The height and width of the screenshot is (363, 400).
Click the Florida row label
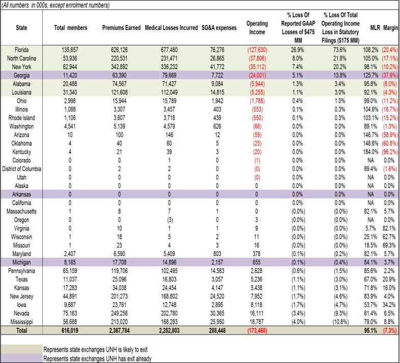click(x=21, y=50)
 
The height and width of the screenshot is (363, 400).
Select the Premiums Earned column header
click(x=122, y=27)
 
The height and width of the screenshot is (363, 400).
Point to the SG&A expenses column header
click(x=215, y=27)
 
